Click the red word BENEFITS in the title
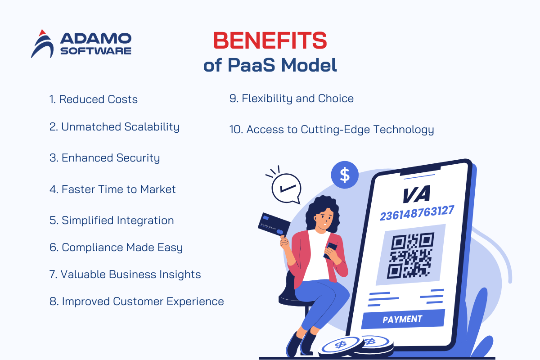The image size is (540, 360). pyautogui.click(x=270, y=40)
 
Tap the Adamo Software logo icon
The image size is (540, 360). pyautogui.click(x=42, y=44)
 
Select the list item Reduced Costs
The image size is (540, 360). pyautogui.click(x=94, y=99)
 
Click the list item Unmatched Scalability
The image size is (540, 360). pyautogui.click(x=114, y=127)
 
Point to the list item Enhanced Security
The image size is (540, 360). pyautogui.click(x=104, y=158)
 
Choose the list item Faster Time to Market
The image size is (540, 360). pyautogui.click(x=112, y=189)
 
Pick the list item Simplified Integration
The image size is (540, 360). pyautogui.click(x=112, y=220)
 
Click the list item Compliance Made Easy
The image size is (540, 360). pyautogui.click(x=116, y=248)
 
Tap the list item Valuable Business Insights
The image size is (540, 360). pyautogui.click(x=125, y=274)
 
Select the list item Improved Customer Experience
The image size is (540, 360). pyautogui.click(x=137, y=301)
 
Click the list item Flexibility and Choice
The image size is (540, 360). pyautogui.click(x=292, y=99)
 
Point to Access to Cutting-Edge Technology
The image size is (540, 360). pyautogui.click(x=332, y=130)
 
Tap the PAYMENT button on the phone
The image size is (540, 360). pyautogui.click(x=403, y=319)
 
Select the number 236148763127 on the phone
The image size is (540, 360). pyautogui.click(x=417, y=213)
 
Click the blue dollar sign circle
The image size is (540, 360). pyautogui.click(x=345, y=175)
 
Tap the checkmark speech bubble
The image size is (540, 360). pyautogui.click(x=286, y=188)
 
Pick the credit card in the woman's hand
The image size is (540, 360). pyautogui.click(x=274, y=225)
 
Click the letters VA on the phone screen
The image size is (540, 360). pyautogui.click(x=417, y=194)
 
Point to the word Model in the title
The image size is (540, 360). pyautogui.click(x=309, y=65)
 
